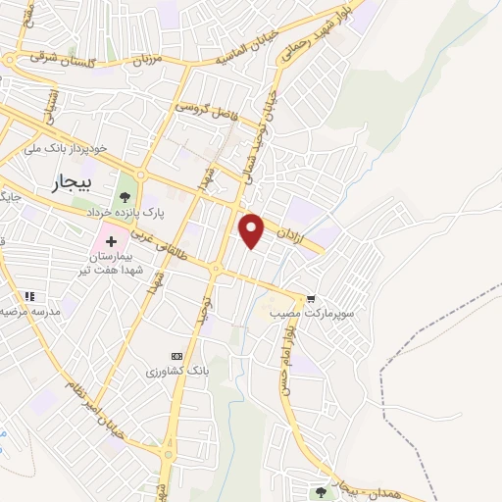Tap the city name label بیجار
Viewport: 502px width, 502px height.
(x=71, y=183)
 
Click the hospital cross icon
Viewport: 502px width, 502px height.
(x=110, y=238)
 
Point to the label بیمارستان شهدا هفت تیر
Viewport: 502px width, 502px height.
(x=113, y=262)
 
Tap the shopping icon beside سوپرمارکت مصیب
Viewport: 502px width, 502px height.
(x=311, y=299)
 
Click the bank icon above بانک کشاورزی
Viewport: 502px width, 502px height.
(x=176, y=355)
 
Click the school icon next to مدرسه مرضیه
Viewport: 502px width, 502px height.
(x=29, y=296)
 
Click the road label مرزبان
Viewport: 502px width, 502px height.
(x=146, y=60)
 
